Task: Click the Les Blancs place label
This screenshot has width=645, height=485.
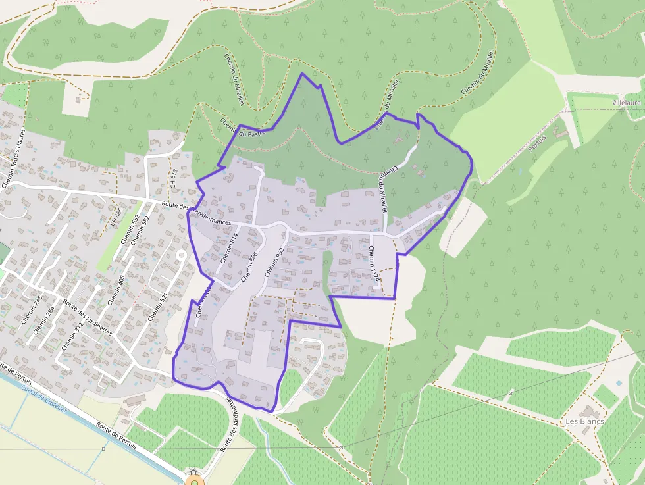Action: pyautogui.click(x=584, y=421)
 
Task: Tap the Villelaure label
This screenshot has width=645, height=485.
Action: pyautogui.click(x=626, y=103)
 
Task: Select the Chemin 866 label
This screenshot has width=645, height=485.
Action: pyautogui.click(x=249, y=266)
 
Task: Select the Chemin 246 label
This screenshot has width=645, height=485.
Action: pyautogui.click(x=30, y=310)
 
